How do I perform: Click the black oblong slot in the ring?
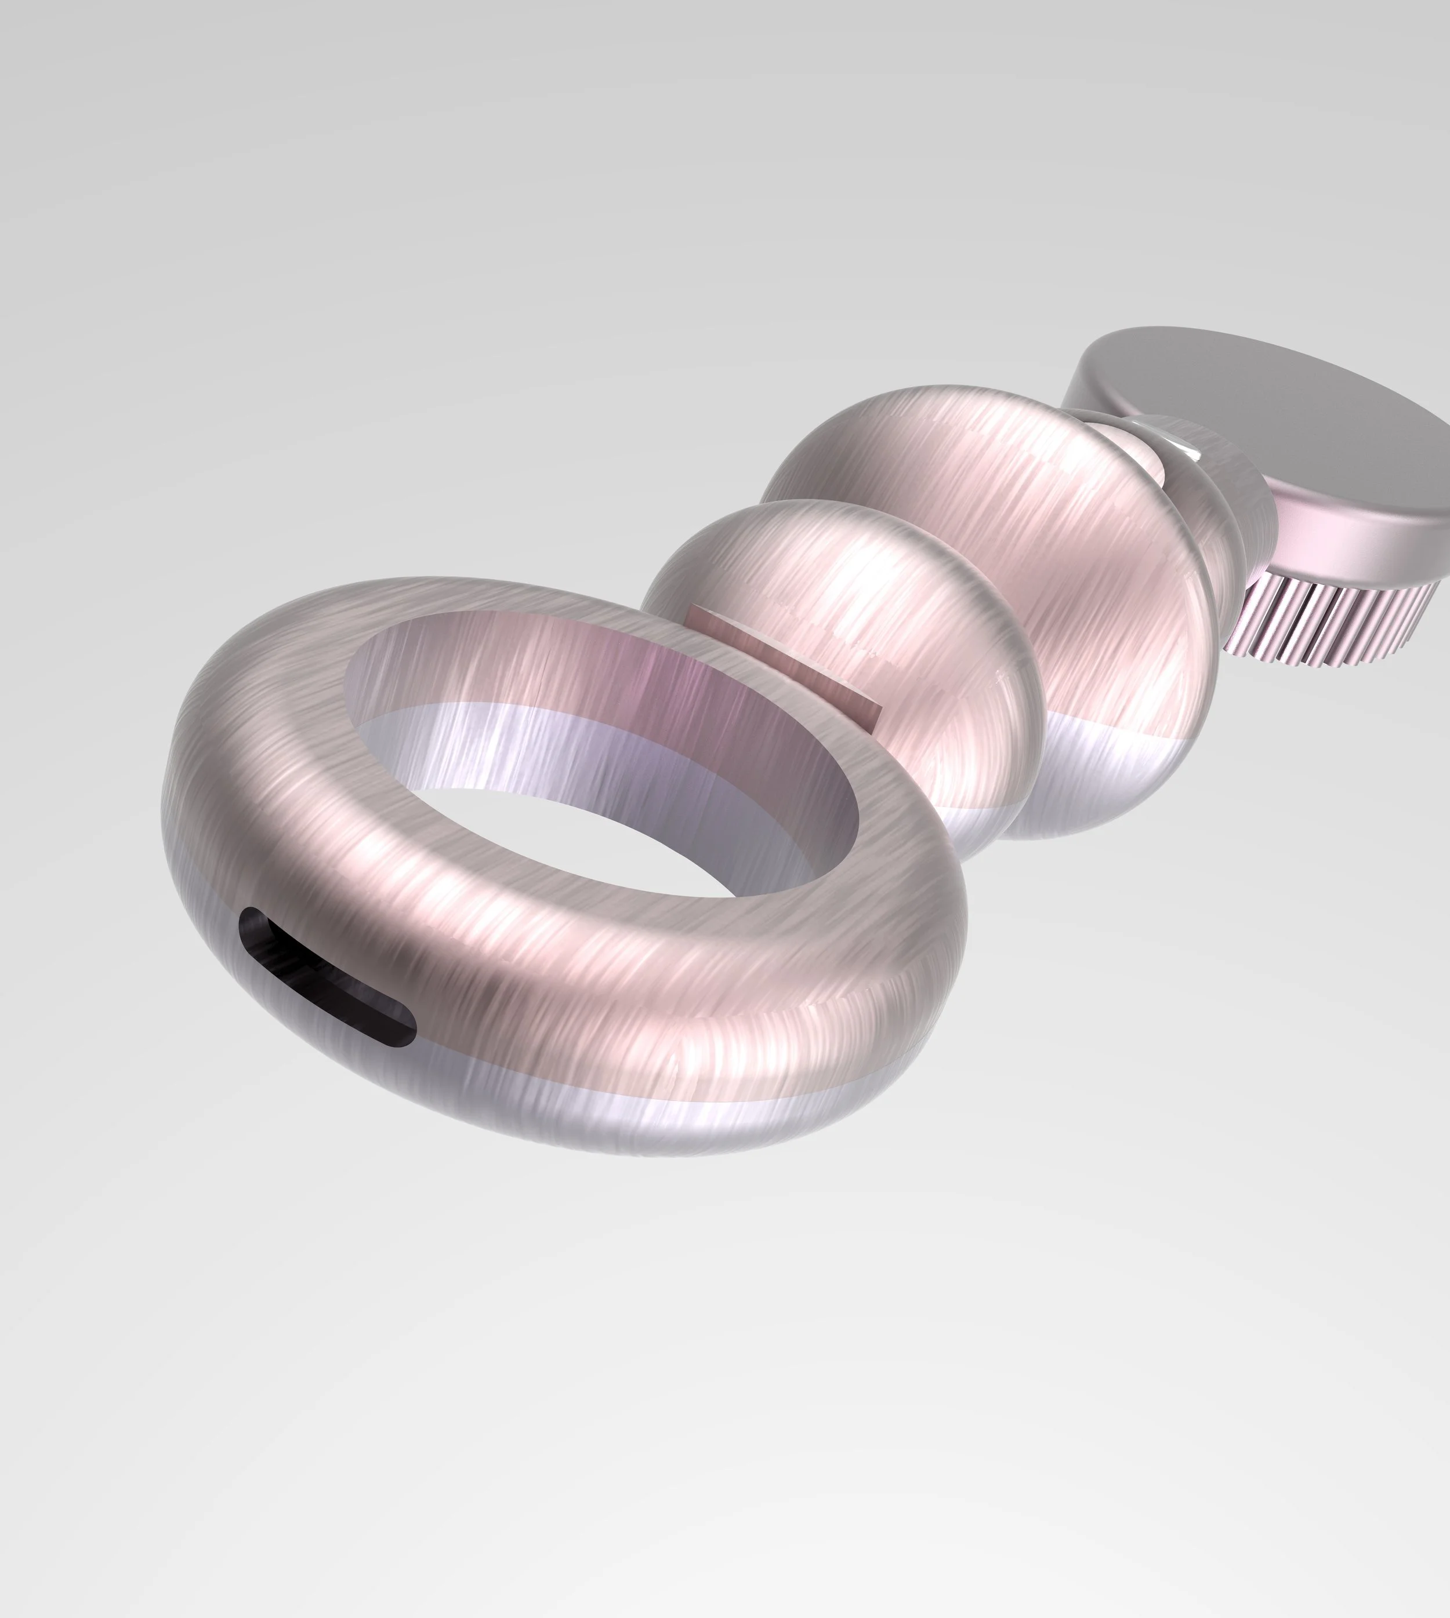point(327,976)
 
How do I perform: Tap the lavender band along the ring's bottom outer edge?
point(637,1115)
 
